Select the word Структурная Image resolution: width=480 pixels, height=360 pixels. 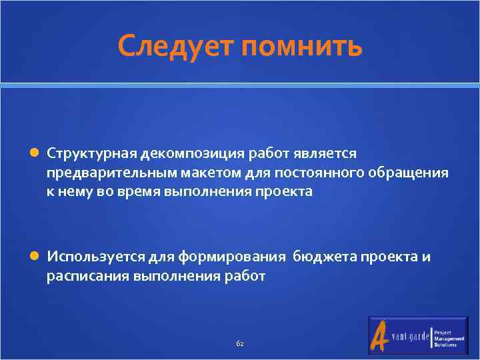coord(91,154)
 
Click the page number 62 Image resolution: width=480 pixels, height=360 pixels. coord(240,343)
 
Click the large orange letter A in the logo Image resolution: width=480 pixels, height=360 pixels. coord(381,335)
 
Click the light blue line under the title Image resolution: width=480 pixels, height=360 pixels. coord(240,85)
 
